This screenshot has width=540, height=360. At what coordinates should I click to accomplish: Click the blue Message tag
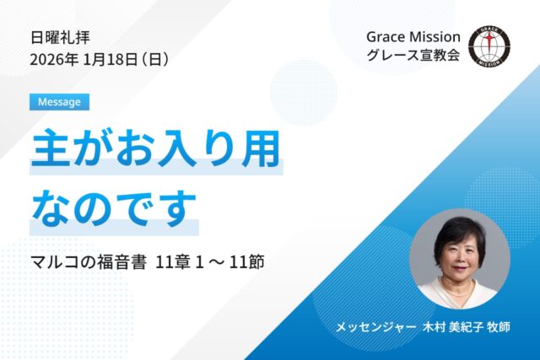(x=58, y=102)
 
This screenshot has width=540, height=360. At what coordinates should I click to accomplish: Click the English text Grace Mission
(x=413, y=38)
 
